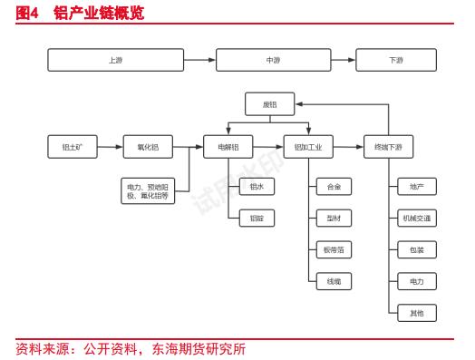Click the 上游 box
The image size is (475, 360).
(x=115, y=60)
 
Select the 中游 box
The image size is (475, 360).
(x=273, y=60)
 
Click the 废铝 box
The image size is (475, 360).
(x=270, y=104)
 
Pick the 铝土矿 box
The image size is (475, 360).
(x=73, y=146)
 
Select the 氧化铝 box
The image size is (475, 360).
(x=148, y=146)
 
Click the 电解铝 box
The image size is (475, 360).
(x=228, y=146)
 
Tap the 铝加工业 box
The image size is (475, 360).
(x=308, y=146)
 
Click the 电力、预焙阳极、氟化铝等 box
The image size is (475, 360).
(x=148, y=190)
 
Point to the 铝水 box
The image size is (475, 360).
(x=257, y=187)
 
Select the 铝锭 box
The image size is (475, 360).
(x=257, y=218)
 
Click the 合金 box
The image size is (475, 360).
(x=334, y=187)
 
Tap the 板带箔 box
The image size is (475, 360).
(x=334, y=249)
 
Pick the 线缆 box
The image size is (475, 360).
(x=334, y=281)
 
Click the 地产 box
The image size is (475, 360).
(x=416, y=187)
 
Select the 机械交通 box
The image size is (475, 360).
(x=416, y=218)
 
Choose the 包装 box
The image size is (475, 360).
(x=416, y=249)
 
